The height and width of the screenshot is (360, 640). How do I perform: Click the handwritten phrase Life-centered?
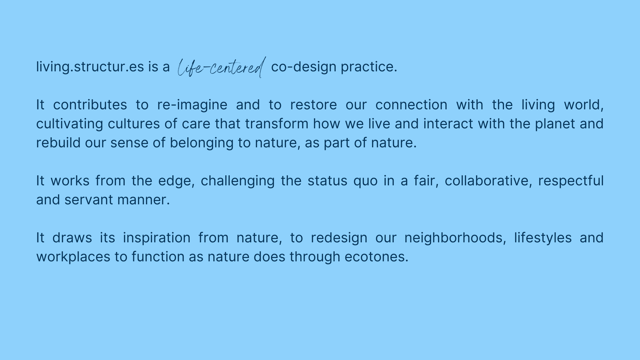pos(222,67)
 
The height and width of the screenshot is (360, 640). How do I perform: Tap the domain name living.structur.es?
pos(90,67)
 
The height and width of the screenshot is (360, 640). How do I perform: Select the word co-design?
pos(304,67)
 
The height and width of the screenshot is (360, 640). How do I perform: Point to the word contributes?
pos(90,105)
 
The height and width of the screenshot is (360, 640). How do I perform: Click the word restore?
pos(314,105)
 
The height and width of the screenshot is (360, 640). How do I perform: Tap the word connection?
pos(411,105)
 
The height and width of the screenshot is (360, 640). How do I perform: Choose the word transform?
pos(277,124)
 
